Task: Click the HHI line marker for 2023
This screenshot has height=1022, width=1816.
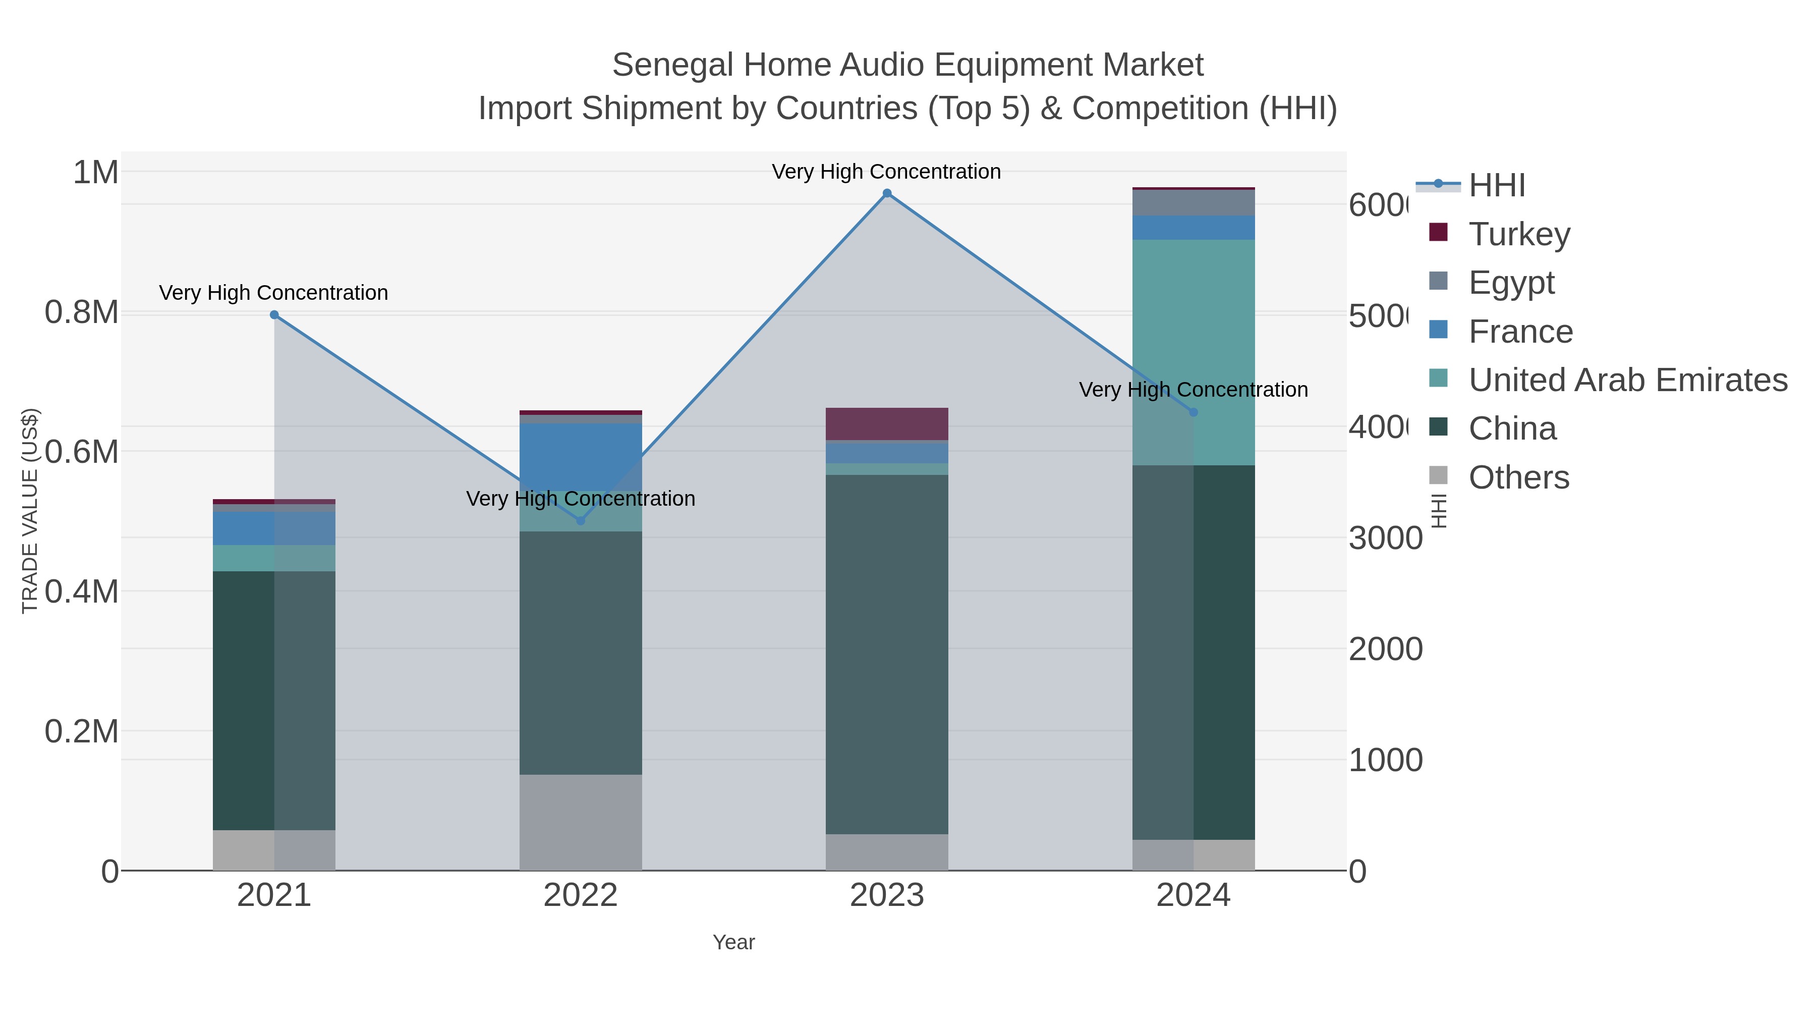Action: click(x=887, y=193)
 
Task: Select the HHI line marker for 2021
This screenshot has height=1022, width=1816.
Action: click(x=274, y=315)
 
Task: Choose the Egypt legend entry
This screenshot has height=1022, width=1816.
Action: click(x=1511, y=283)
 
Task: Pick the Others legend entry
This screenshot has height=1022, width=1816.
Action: click(x=1518, y=477)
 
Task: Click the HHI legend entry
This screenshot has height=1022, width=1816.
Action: click(x=1496, y=186)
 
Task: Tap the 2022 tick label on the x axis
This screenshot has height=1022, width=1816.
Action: click(x=580, y=896)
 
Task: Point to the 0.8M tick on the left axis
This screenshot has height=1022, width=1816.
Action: click(x=82, y=312)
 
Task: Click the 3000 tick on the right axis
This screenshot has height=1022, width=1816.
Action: click(x=1385, y=539)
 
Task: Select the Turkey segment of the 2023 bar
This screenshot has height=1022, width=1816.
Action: click(x=887, y=424)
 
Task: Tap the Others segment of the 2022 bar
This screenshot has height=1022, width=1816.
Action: click(x=580, y=823)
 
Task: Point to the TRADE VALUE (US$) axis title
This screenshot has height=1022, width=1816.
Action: click(x=30, y=511)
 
